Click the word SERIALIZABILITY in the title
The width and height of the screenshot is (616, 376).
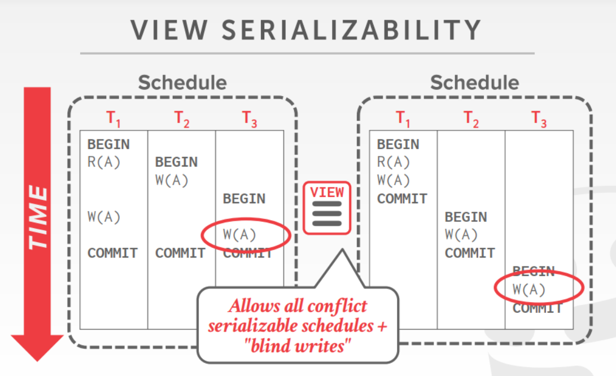352,30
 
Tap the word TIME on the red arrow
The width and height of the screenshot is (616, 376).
38,217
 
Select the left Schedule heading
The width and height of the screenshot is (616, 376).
182,82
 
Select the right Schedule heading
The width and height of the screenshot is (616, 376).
474,82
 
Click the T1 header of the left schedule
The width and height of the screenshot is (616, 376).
113,119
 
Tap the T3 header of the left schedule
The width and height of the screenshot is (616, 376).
250,119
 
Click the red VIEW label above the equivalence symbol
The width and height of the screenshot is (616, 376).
327,192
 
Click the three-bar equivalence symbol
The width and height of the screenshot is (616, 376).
327,213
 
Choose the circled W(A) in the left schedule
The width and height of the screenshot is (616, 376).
240,235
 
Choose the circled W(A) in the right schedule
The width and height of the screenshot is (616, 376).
530,290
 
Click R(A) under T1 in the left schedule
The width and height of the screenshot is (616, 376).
104,163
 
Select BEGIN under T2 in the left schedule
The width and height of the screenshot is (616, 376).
176,163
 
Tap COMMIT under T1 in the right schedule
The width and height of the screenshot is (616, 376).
402,199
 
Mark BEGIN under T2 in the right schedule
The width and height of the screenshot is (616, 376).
466,217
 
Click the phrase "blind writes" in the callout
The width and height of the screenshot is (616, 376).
297,346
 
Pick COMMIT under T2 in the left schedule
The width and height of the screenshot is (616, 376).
180,253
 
